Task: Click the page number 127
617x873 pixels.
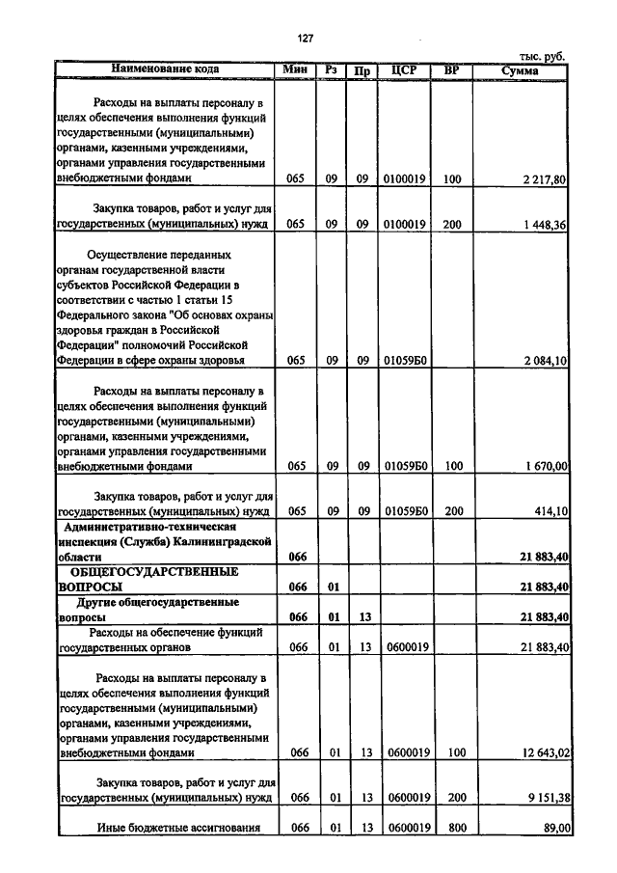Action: point(306,38)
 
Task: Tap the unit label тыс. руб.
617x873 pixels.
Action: point(542,57)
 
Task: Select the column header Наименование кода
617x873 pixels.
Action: point(165,69)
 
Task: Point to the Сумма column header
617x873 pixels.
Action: point(521,70)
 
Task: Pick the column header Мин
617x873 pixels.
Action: point(296,69)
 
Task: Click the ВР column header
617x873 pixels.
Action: point(450,69)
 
